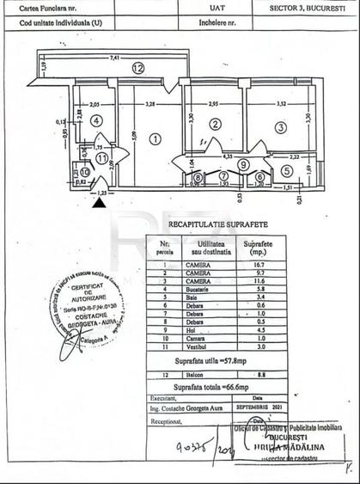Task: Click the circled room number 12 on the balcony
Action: tap(137, 67)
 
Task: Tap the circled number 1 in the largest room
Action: tap(155, 138)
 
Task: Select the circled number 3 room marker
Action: tap(280, 127)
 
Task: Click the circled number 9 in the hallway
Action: tap(243, 164)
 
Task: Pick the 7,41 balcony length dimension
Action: tap(114, 58)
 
